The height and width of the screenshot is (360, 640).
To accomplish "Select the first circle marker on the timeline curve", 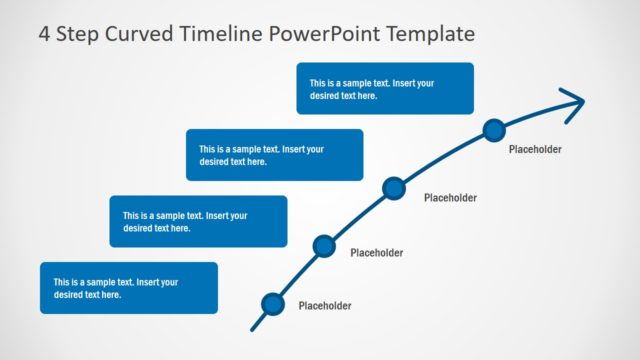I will [272, 304].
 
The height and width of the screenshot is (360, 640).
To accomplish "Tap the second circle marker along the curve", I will [323, 246].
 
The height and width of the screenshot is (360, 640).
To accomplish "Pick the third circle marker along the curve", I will [394, 187].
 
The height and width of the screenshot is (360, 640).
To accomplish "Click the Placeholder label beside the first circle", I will [325, 306].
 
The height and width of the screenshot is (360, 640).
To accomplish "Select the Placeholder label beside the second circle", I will [376, 253].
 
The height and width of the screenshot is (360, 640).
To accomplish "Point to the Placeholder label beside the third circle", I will [450, 198].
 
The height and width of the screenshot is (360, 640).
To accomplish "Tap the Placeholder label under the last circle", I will [535, 150].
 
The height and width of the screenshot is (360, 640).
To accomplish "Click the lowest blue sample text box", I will [129, 288].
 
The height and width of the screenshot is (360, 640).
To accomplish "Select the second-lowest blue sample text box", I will [198, 221].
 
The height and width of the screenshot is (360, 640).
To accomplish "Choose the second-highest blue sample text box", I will [274, 155].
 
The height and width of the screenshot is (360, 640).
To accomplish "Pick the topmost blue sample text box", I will [385, 88].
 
